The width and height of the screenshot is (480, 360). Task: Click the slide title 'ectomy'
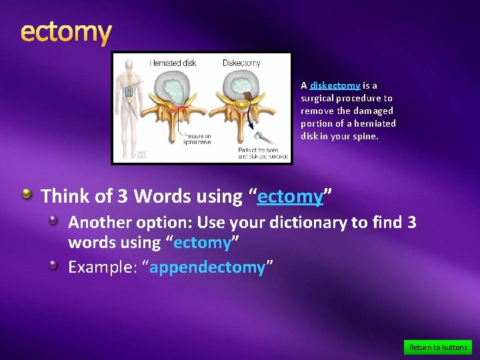[x=66, y=31]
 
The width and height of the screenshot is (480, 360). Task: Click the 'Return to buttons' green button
[x=438, y=347]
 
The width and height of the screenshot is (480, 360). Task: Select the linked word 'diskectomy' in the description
[x=335, y=85]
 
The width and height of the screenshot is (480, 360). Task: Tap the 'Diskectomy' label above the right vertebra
[x=241, y=63]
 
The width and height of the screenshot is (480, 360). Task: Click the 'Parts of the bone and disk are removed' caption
[x=263, y=154]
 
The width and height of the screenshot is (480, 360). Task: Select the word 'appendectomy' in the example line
[x=207, y=267]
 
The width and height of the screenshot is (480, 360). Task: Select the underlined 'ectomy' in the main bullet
[x=290, y=196]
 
